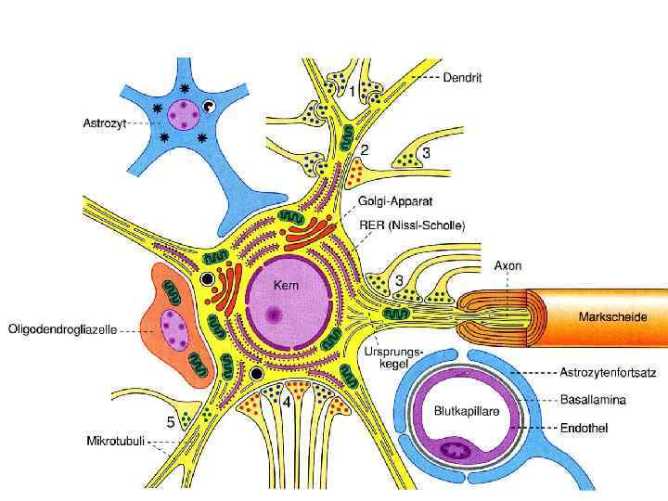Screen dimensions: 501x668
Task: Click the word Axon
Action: (x=507, y=266)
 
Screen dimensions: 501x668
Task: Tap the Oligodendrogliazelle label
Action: (x=62, y=329)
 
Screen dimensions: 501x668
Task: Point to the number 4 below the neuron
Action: (x=288, y=404)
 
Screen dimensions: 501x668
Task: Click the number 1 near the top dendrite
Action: (x=352, y=90)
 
